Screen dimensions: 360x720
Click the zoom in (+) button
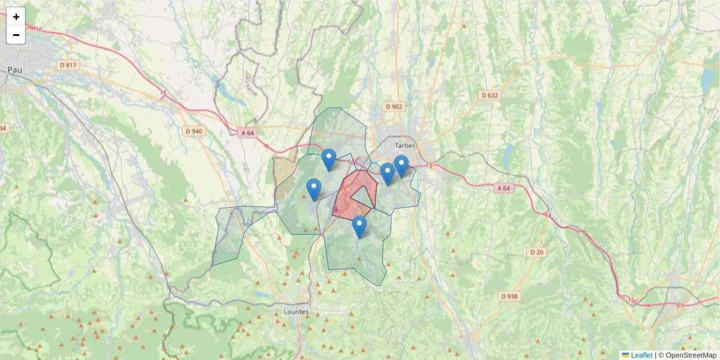[x=16, y=17]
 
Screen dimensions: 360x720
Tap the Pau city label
[x=14, y=70]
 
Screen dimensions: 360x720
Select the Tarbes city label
[x=405, y=145]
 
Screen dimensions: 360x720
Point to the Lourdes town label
[x=295, y=312]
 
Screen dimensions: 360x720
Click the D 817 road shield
[x=69, y=65]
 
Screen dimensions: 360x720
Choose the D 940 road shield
[x=194, y=131]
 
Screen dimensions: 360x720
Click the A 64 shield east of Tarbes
[x=504, y=188]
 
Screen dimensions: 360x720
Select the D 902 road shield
[x=394, y=107]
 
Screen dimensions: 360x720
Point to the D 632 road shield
[x=490, y=95]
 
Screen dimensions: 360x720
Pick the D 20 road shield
[x=537, y=252]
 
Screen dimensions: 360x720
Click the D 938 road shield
[x=509, y=296]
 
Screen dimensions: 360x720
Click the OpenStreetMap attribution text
[x=687, y=355]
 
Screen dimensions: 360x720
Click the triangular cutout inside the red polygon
[x=363, y=196]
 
